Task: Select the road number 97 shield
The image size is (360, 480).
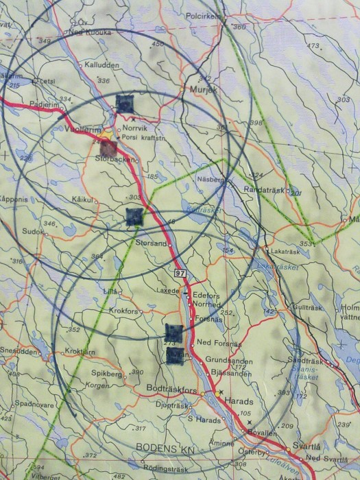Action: point(180,273)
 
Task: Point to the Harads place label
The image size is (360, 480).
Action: point(241,401)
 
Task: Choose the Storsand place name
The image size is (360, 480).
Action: point(152,242)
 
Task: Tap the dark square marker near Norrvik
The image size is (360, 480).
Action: point(124,104)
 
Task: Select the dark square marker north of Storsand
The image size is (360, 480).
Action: point(135,216)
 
